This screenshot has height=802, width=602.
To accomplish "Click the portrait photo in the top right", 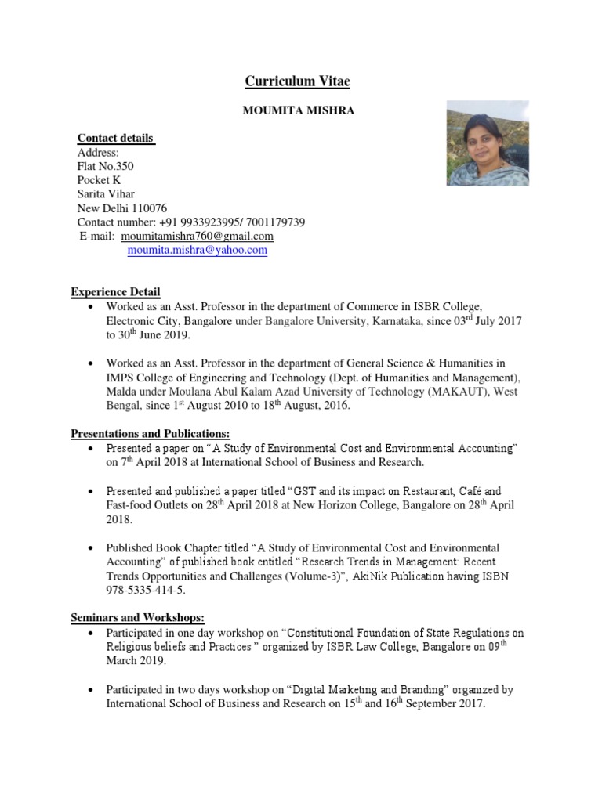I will (487, 143).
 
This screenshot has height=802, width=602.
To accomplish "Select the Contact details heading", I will (115, 139).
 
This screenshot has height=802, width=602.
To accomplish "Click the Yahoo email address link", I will (197, 251).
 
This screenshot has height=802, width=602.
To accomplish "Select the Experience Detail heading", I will (116, 293).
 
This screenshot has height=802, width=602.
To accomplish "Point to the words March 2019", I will (136, 659).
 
